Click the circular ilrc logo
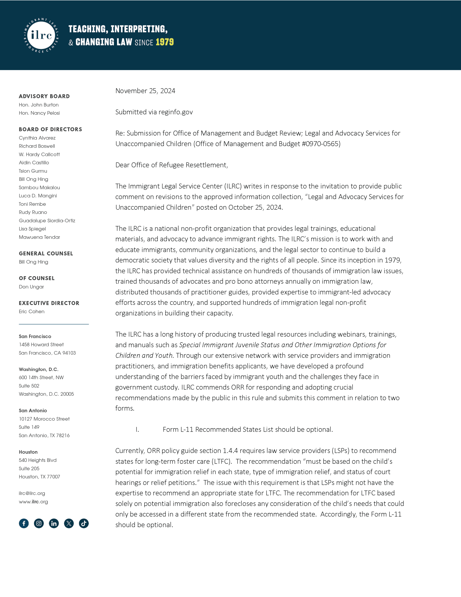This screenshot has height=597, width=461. [41, 35]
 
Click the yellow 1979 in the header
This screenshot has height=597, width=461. [164, 42]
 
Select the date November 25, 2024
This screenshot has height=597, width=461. [145, 91]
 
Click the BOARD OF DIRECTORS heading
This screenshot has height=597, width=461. [50, 129]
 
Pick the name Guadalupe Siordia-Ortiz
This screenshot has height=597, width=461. [47, 221]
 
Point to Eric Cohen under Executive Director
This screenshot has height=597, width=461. [32, 311]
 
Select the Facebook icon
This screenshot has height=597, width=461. [24, 523]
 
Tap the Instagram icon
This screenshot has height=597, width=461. [39, 523]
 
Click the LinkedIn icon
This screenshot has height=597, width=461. [54, 523]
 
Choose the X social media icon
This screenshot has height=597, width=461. [69, 523]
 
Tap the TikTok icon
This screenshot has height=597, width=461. [84, 523]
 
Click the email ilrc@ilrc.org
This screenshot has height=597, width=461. [32, 493]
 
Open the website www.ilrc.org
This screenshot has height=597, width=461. [33, 502]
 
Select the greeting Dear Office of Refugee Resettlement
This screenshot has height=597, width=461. [172, 165]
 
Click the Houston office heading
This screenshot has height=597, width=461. [28, 452]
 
